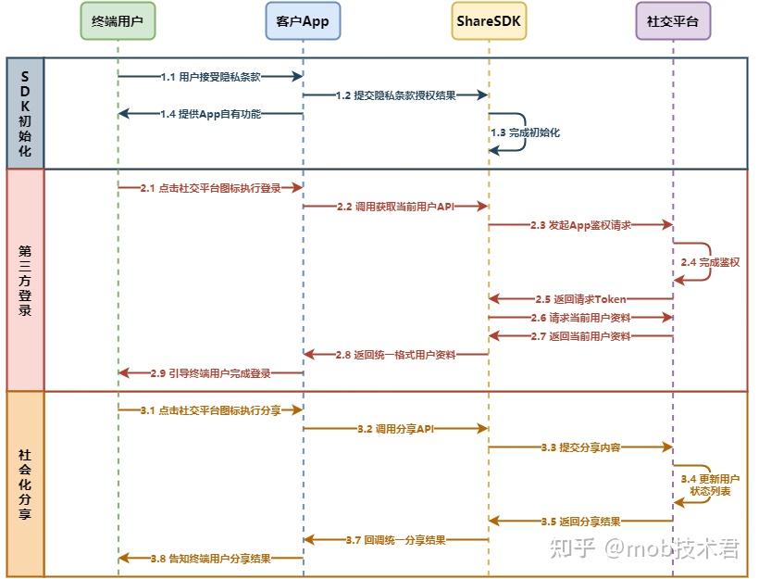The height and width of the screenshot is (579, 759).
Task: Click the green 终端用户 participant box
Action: pyautogui.click(x=118, y=20)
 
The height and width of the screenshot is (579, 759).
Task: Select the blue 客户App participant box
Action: pyautogui.click(x=303, y=20)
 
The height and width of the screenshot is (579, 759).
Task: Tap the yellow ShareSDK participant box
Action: pyautogui.click(x=489, y=20)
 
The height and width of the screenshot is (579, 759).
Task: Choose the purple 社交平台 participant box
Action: pyautogui.click(x=673, y=20)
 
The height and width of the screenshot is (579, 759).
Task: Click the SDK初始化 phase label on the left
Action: pyautogui.click(x=25, y=113)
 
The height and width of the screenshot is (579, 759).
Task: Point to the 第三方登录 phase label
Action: pyautogui.click(x=25, y=279)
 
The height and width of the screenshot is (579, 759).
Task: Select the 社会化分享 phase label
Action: pyautogui.click(x=25, y=484)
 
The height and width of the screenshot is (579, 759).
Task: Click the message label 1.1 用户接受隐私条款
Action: pyautogui.click(x=210, y=77)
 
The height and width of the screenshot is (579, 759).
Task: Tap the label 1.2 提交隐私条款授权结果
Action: pyautogui.click(x=395, y=95)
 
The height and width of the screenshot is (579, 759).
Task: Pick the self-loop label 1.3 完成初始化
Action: pyautogui.click(x=525, y=132)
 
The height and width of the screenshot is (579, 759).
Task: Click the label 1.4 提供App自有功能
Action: pyautogui.click(x=210, y=114)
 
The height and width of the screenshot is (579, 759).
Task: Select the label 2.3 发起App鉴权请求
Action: pyautogui.click(x=580, y=225)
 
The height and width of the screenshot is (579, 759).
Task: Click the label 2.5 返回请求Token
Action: pyautogui.click(x=580, y=299)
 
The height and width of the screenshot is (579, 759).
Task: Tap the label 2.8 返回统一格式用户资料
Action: pyautogui.click(x=395, y=355)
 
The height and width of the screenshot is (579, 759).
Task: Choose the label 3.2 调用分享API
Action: pyautogui.click(x=395, y=429)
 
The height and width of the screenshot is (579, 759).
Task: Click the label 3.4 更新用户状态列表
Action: pyautogui.click(x=710, y=485)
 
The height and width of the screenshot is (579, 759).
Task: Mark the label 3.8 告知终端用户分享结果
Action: pyautogui.click(x=210, y=559)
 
